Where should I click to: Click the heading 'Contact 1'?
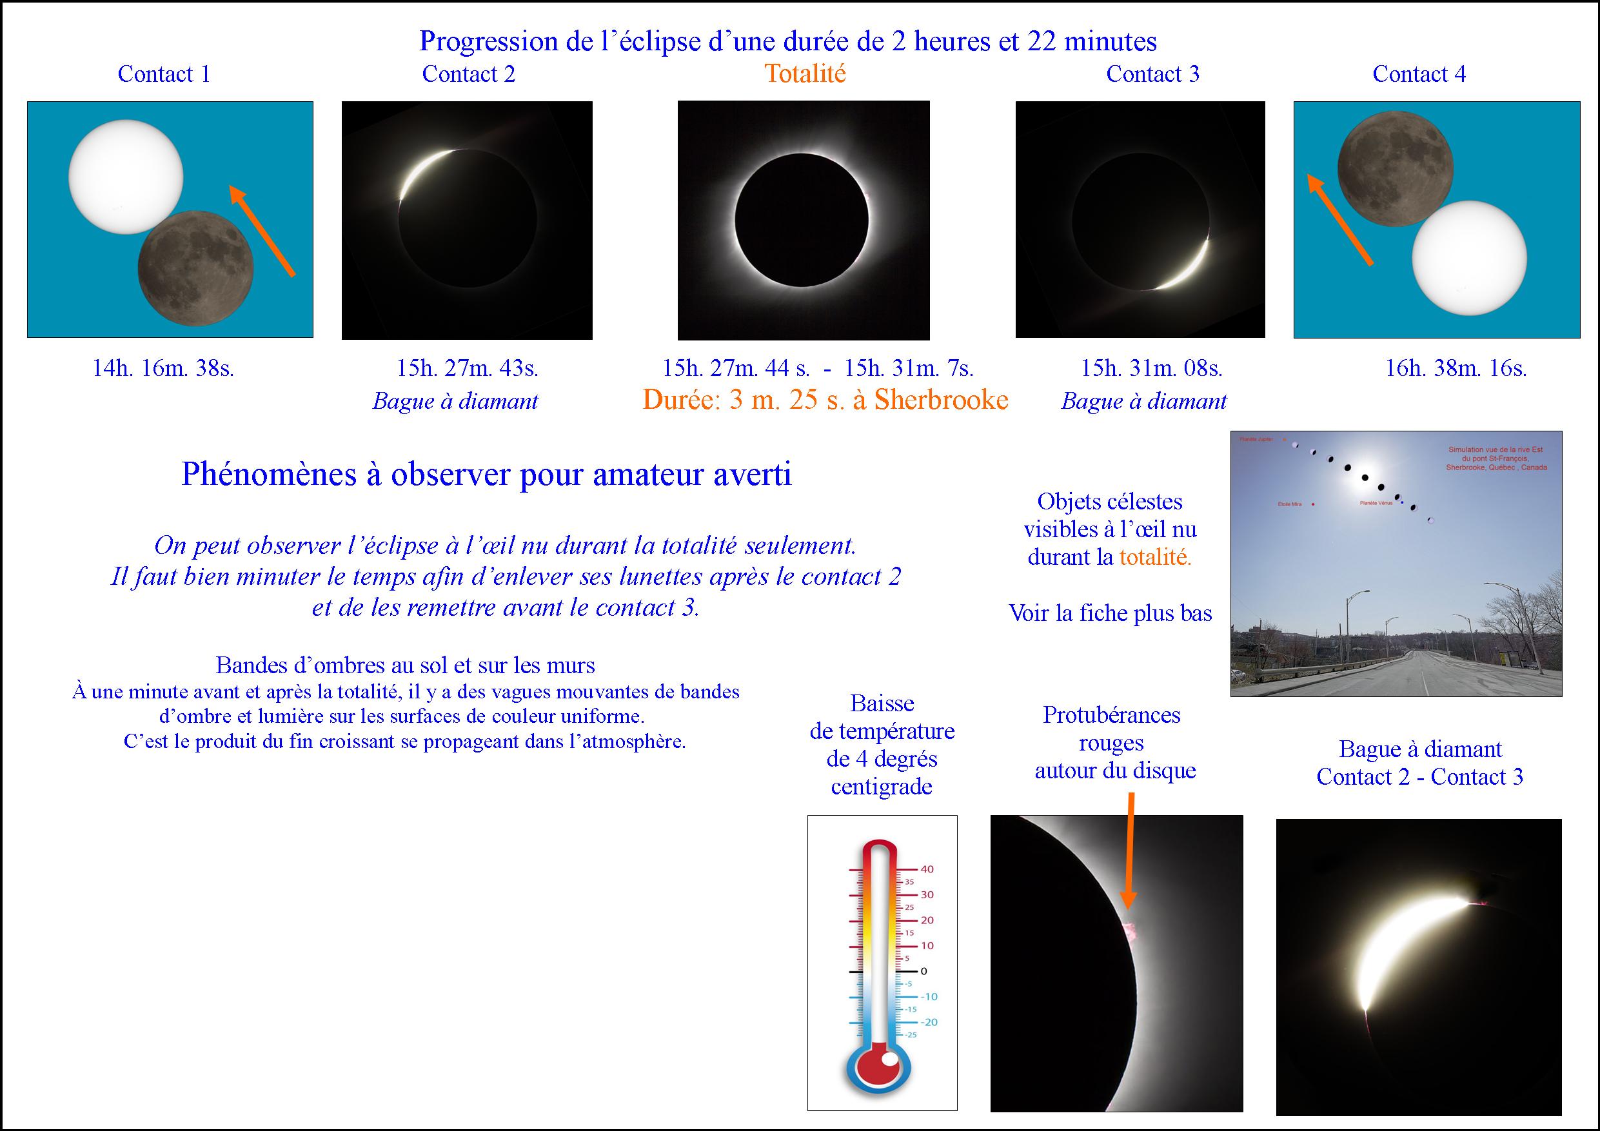tap(164, 74)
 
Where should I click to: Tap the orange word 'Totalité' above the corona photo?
tap(805, 74)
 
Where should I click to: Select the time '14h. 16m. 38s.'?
tap(163, 368)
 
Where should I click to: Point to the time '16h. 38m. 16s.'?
tap(1456, 368)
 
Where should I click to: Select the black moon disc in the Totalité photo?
tap(802, 219)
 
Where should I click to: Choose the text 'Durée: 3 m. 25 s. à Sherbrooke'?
tap(825, 400)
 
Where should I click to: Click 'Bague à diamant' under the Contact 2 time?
tap(455, 401)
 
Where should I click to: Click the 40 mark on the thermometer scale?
tap(927, 869)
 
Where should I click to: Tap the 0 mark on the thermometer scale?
tap(924, 970)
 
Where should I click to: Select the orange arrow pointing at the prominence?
tap(1129, 850)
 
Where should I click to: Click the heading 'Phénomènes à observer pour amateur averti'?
tap(486, 475)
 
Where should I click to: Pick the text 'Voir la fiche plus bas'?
tap(1110, 613)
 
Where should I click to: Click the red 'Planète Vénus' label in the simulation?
tap(1376, 502)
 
